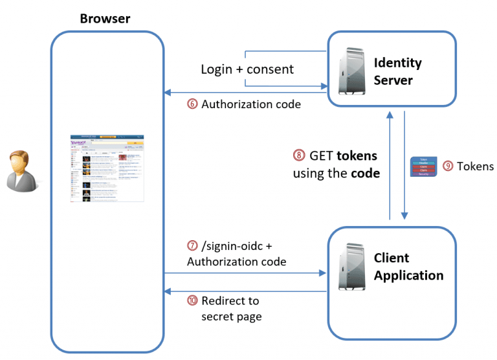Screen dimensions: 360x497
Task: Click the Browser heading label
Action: click(x=105, y=18)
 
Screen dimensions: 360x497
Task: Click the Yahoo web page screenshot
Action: click(x=107, y=170)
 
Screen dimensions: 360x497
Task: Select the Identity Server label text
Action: click(x=397, y=71)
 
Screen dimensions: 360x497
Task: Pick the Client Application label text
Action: click(x=408, y=267)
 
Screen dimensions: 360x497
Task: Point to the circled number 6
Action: click(x=192, y=104)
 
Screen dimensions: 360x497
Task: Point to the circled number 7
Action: click(x=192, y=246)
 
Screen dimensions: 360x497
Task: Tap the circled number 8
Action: click(x=298, y=156)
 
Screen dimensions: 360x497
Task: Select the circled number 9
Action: click(x=448, y=166)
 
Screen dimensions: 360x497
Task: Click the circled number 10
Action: click(x=192, y=301)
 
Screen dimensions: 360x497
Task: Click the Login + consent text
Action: click(x=247, y=69)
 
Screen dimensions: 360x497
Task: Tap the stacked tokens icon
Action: click(x=424, y=166)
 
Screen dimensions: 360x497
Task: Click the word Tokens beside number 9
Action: click(x=475, y=166)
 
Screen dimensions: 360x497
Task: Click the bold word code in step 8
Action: click(x=364, y=173)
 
